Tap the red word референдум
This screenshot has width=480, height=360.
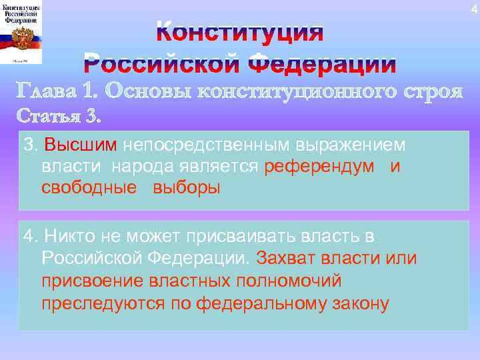319,167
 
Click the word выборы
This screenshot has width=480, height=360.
186,188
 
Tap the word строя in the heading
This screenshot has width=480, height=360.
432,91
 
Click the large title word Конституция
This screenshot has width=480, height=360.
240,33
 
